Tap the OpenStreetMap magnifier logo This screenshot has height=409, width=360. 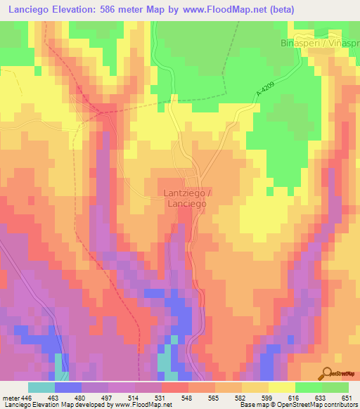327,372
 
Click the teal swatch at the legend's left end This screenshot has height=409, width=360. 41,387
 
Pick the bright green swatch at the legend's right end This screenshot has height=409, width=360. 335,387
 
